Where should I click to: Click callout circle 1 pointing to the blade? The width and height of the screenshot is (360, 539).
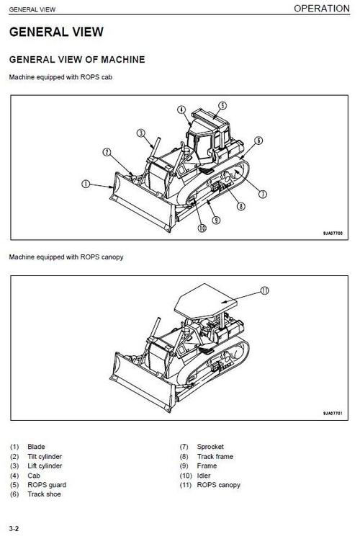click(86, 184)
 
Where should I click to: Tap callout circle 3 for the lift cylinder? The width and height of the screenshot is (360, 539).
click(141, 133)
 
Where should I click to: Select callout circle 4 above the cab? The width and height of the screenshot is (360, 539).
click(181, 110)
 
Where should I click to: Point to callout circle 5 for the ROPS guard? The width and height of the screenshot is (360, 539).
click(222, 105)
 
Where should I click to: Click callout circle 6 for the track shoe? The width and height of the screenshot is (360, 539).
click(258, 141)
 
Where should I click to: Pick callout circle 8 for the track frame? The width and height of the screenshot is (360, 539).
click(241, 206)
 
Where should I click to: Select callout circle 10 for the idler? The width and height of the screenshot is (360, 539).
click(202, 228)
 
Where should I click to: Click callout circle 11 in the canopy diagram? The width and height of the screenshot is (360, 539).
click(264, 291)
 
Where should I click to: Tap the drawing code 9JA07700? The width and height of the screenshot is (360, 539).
click(332, 233)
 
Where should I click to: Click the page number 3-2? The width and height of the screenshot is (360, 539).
click(14, 530)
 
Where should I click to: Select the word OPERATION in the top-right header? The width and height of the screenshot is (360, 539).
click(324, 9)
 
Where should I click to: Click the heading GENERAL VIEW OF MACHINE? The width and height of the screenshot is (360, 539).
click(76, 59)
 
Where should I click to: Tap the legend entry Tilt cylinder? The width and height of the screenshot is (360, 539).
click(45, 456)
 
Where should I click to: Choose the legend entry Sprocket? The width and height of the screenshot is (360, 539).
click(210, 447)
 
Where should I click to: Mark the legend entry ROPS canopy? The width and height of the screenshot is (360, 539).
click(219, 485)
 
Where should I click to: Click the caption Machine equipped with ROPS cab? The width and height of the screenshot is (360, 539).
click(60, 76)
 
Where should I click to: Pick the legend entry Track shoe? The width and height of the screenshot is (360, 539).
click(44, 494)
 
